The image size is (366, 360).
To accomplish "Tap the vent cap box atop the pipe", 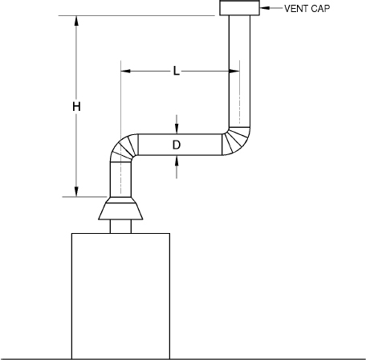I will pyautogui.click(x=239, y=8).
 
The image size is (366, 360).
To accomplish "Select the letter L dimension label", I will pyautogui.click(x=177, y=72).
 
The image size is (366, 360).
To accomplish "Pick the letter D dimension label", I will pyautogui.click(x=177, y=145).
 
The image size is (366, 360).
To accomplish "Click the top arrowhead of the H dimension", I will pyautogui.click(x=76, y=21).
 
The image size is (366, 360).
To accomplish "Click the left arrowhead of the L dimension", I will pyautogui.click(x=126, y=72).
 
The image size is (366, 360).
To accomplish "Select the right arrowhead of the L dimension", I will pyautogui.click(x=233, y=72).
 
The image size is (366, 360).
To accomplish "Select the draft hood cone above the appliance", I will pyautogui.click(x=120, y=209).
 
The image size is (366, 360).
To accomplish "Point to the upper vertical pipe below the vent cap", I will pyautogui.click(x=239, y=72).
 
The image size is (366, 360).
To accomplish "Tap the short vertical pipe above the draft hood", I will pyautogui.click(x=120, y=178).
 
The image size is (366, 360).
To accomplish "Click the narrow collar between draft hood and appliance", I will pyautogui.click(x=120, y=227).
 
